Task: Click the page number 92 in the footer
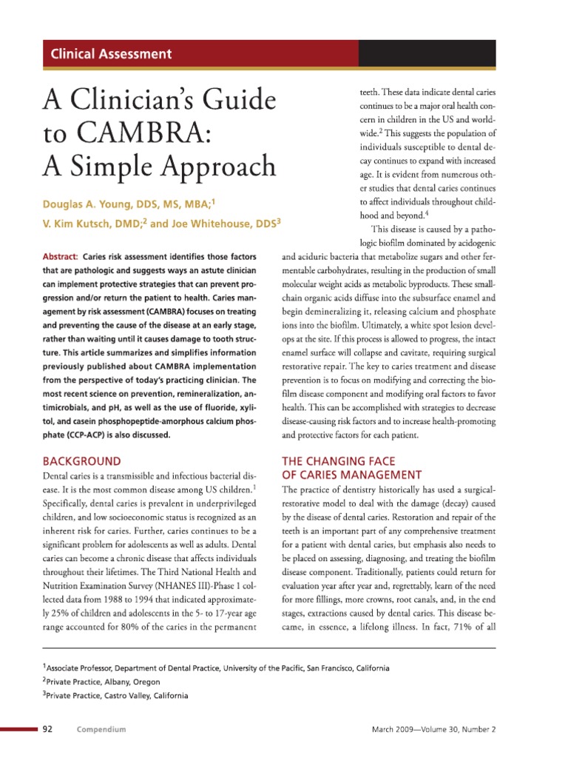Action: (x=47, y=729)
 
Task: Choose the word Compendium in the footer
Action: (x=101, y=729)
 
